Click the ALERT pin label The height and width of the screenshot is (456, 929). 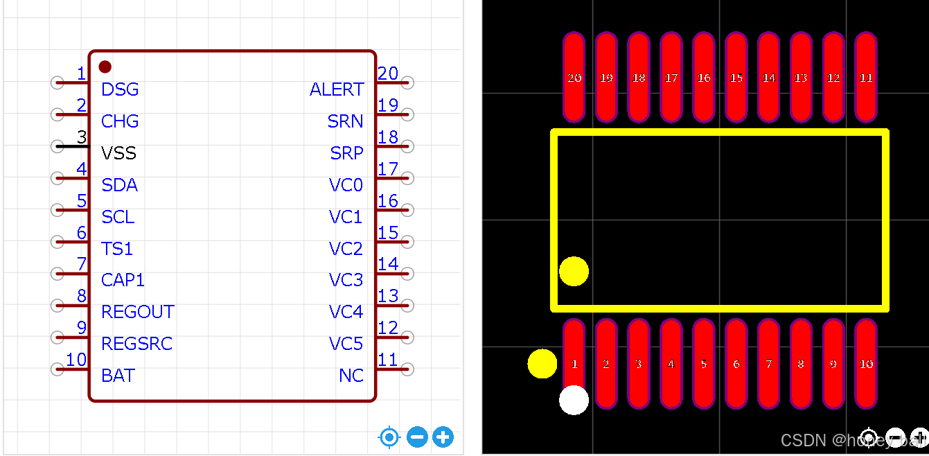[x=337, y=89]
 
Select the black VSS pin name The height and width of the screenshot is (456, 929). [x=118, y=153]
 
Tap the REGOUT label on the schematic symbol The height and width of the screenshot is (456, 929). [x=138, y=312]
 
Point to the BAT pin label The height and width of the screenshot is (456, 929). [x=118, y=376]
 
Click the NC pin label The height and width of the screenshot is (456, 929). [x=351, y=376]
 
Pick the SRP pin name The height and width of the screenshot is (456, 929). [x=346, y=153]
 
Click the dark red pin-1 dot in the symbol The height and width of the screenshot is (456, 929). [x=105, y=67]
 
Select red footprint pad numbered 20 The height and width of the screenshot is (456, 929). [x=574, y=77]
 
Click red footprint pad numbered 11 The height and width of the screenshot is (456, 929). [x=866, y=77]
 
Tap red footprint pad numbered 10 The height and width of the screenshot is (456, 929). [x=866, y=364]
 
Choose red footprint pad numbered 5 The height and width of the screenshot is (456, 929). [x=704, y=364]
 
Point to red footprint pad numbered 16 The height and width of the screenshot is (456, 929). [x=704, y=77]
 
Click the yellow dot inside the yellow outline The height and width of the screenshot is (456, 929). [x=574, y=271]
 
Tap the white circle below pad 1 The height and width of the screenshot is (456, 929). [x=574, y=400]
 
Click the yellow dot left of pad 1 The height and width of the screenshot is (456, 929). [x=542, y=364]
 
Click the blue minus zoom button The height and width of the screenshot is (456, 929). [x=417, y=437]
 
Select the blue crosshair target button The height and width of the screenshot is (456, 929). [x=389, y=437]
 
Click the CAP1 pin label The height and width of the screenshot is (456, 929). [x=123, y=280]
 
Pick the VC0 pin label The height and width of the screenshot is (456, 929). [x=346, y=185]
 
